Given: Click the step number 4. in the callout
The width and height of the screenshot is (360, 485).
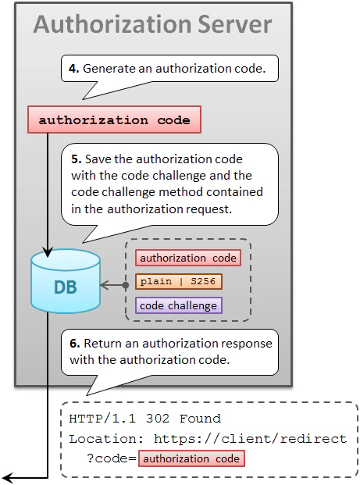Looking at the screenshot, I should point(73,69).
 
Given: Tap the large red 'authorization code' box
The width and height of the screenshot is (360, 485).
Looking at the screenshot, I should point(114,120).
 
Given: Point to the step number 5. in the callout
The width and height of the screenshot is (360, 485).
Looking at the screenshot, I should point(75,159).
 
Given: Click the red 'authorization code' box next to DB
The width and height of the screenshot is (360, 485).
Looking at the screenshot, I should point(186,258).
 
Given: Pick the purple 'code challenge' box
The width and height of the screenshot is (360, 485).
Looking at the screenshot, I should point(179,306).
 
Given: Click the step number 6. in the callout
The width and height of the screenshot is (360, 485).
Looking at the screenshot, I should point(75,343).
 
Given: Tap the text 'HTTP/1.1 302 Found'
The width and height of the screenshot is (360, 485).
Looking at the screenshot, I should point(144,419).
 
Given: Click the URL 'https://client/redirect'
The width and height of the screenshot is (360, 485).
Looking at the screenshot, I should point(250,438).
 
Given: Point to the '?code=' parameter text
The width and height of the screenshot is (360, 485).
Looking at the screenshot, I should point(112,458).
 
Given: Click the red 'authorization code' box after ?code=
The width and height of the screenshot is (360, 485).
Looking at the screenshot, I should point(191,458).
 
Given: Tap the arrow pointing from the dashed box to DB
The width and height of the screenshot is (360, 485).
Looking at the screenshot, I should point(113,286).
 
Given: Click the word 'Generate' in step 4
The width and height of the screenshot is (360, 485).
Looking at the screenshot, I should point(110,69).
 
